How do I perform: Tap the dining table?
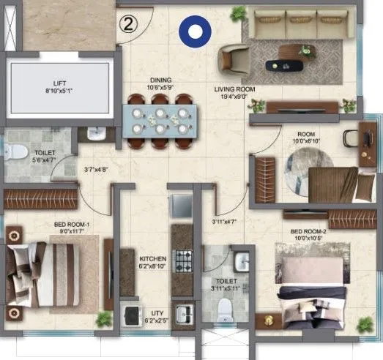pos(160,121)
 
